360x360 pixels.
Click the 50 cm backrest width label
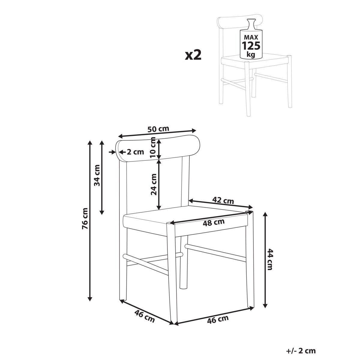click(158, 129)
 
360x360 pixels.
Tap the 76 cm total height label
click(85, 218)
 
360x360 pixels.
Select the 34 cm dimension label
click(97, 175)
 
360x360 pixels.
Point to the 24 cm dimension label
click(154, 184)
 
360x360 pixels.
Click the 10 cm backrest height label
click(153, 147)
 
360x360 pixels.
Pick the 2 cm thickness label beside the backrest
click(135, 152)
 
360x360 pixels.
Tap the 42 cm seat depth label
click(223, 200)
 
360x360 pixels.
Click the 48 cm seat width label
click(214, 223)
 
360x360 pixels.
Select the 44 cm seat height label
click(270, 259)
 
